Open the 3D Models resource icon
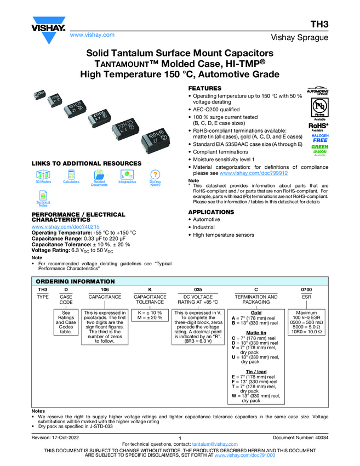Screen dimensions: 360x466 coord(43,174)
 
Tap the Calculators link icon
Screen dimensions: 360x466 coord(71,174)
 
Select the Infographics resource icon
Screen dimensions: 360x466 coord(127,174)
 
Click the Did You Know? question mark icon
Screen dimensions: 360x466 coord(155,174)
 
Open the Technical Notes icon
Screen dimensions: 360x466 coord(43,196)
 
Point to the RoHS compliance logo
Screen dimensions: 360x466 coord(319,126)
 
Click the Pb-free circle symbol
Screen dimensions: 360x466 coord(319,105)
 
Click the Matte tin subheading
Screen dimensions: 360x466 coord(256,333)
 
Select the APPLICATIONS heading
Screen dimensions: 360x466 coord(211,212)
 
